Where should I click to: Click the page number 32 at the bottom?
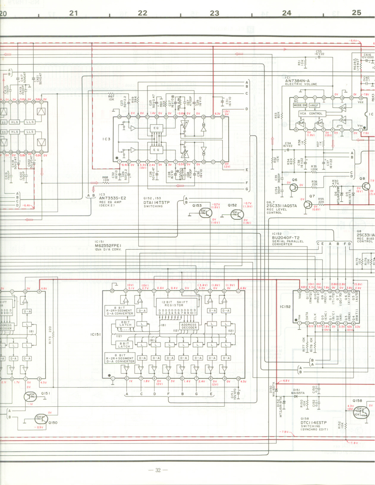coord(158,470)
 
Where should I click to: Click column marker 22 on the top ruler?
coord(142,13)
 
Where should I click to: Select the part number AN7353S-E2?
coord(112,198)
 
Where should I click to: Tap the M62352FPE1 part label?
coord(108,246)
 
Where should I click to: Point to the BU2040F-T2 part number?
coord(286,238)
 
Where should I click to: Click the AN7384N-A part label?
coord(297,81)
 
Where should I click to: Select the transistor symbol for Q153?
coord(205,213)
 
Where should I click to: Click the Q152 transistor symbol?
coord(237,214)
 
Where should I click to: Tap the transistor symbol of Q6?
coord(293,187)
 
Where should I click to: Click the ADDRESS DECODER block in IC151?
coord(189,326)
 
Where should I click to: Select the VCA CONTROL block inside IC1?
coord(311,114)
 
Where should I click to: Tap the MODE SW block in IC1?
coord(300,105)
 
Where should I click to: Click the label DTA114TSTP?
coord(156,202)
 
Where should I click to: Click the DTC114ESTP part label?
coord(313,422)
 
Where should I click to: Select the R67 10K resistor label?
coord(111,98)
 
